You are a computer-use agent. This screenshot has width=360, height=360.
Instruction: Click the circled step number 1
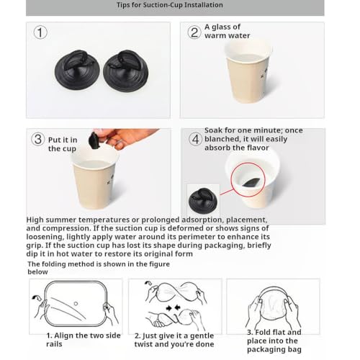40,32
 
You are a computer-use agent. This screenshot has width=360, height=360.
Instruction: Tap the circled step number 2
194,32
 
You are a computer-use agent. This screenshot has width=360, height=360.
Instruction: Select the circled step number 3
38,139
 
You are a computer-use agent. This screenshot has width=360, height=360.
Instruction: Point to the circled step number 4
196,139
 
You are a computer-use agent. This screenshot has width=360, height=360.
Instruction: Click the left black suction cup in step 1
77,70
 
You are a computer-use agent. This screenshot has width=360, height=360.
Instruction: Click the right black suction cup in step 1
126,71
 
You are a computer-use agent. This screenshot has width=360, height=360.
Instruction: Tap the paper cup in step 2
248,72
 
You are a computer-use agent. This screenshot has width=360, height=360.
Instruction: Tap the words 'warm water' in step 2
228,36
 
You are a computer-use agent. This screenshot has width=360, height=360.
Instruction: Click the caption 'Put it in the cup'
63,144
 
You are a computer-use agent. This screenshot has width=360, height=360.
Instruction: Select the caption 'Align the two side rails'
84,340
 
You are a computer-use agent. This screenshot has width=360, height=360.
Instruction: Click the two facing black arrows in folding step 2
174,307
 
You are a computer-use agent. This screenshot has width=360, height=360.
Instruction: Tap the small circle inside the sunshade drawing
76,304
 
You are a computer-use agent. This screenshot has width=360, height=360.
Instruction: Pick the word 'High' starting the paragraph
35,220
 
